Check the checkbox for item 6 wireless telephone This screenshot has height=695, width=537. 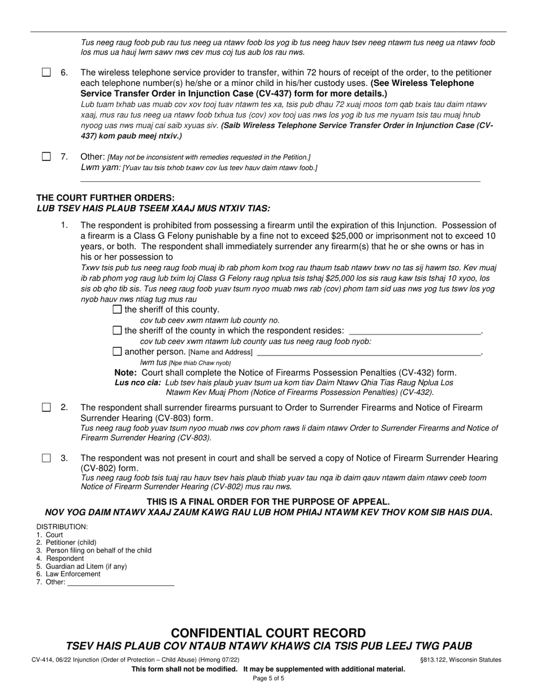[46, 72]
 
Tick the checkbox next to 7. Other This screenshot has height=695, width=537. [46, 157]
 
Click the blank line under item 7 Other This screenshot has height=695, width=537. [280, 180]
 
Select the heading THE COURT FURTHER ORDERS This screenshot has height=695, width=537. [106, 198]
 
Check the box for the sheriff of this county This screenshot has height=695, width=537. [118, 310]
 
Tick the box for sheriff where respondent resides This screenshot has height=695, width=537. [118, 331]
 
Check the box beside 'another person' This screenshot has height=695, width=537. [118, 351]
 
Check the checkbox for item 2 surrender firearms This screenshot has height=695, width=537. [46, 407]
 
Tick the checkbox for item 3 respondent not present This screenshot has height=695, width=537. [46, 458]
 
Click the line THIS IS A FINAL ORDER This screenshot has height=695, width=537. [268, 502]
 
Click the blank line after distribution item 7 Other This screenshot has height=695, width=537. [120, 585]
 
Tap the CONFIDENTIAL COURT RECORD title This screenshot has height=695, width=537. [268, 633]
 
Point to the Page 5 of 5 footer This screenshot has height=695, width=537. [268, 679]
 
